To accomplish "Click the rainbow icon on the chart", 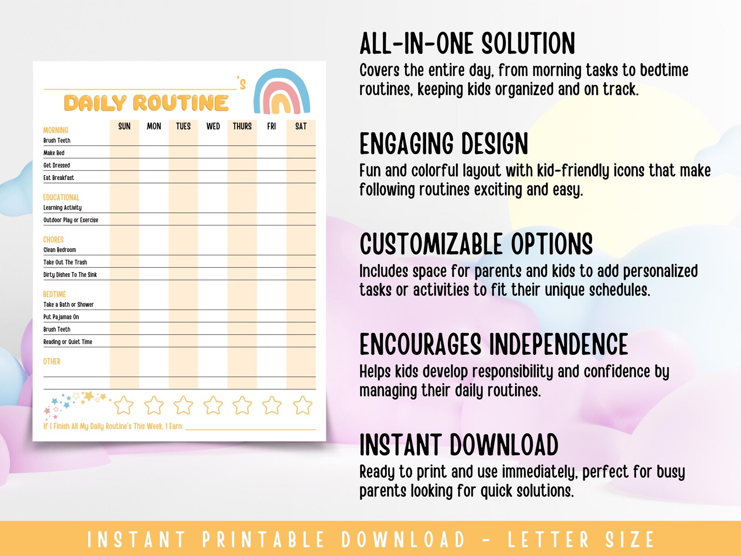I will (282, 92).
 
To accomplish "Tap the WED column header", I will (213, 126).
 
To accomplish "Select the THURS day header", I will (242, 126).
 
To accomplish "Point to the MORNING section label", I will (56, 130).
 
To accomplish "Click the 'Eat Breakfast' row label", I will (59, 178).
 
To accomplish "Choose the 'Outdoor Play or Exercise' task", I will (71, 220).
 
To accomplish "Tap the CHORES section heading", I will (53, 239).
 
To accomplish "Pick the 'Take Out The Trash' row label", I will (65, 262).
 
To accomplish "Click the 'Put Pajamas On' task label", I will (61, 317).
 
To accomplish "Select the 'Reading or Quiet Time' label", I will (68, 342).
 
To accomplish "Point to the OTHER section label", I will (52, 361).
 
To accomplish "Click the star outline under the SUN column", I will (124, 405).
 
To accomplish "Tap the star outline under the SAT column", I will (302, 405).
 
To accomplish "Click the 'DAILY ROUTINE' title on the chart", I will (146, 103).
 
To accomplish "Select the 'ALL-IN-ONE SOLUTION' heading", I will (467, 44).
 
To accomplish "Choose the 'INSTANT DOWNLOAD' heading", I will (459, 445).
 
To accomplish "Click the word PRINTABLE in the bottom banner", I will (263, 540).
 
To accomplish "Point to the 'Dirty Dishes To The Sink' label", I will (70, 274).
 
